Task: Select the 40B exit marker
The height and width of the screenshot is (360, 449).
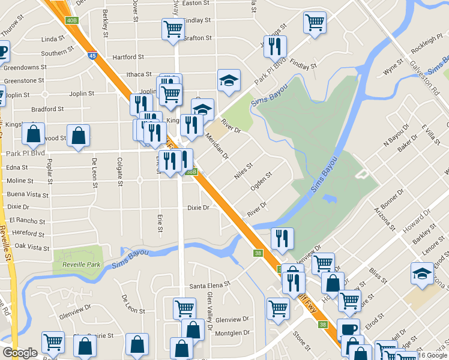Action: coord(72,21)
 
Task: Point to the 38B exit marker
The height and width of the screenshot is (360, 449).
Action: coord(191,172)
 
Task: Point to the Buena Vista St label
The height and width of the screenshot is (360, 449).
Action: coord(28,195)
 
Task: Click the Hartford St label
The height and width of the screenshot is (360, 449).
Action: coord(128,57)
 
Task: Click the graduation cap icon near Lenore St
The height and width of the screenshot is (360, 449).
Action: coord(423,274)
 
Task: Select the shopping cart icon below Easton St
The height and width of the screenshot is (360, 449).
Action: coord(173,28)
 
